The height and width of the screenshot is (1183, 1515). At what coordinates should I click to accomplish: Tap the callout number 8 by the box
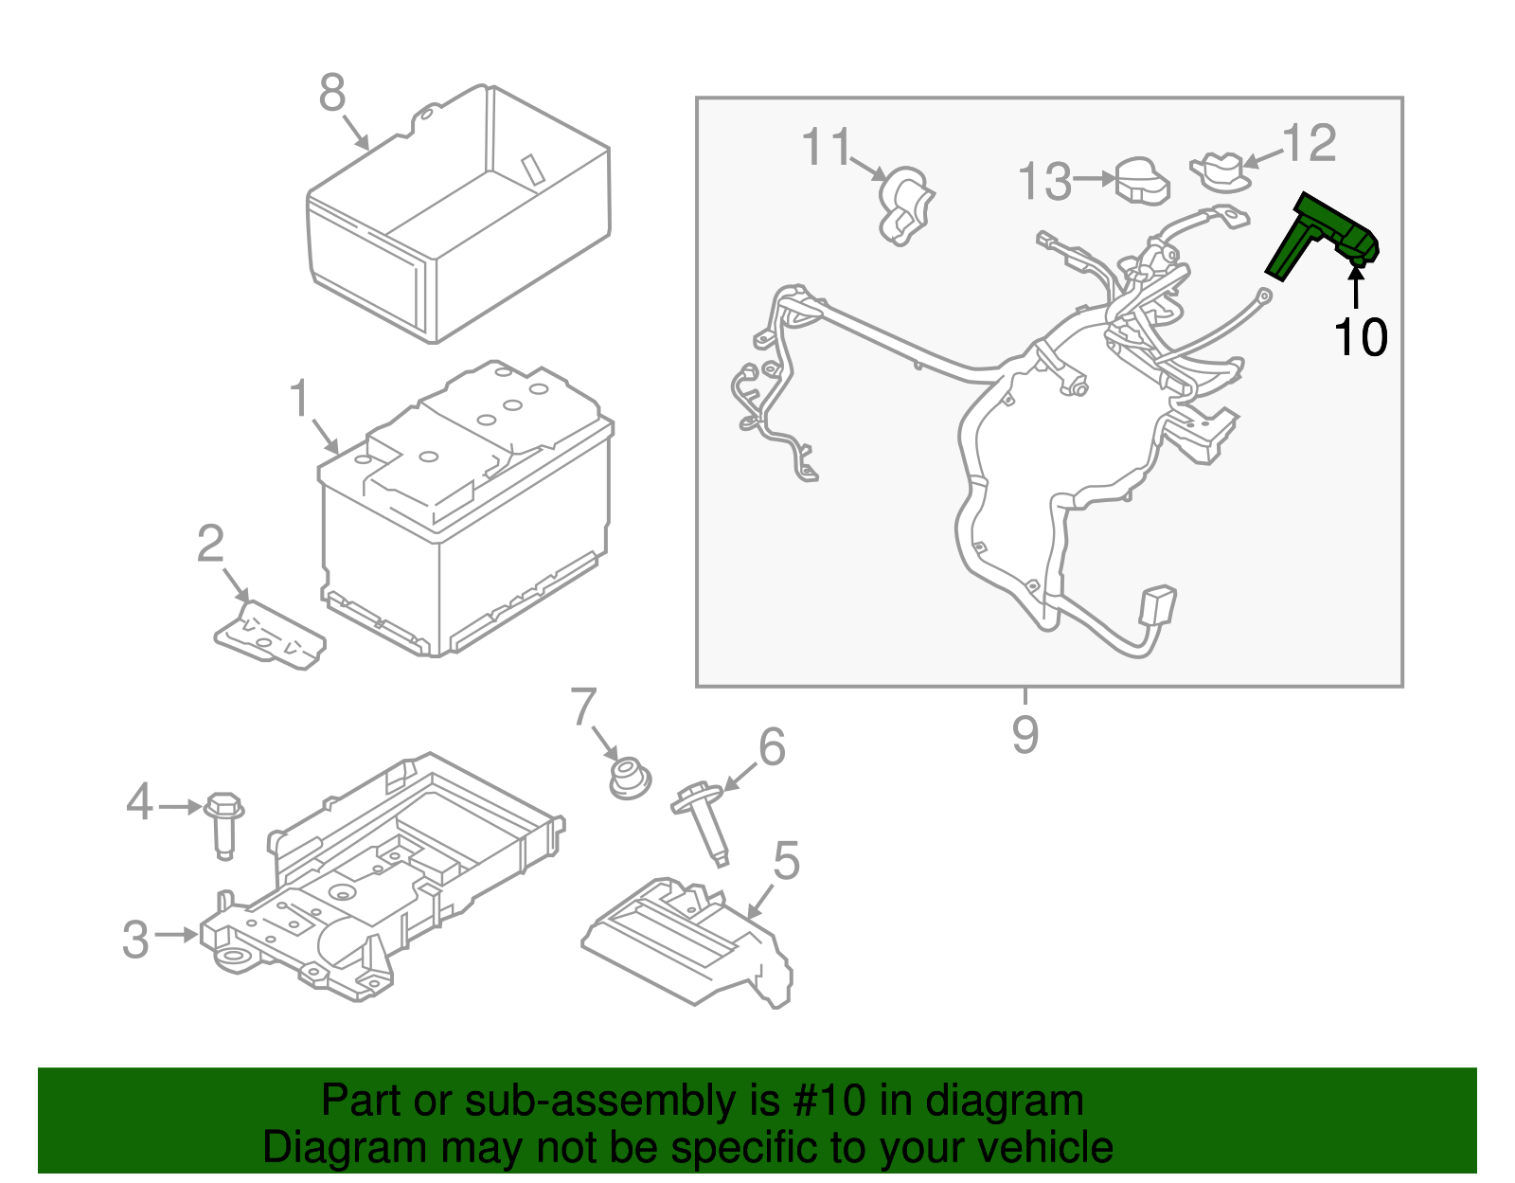[x=332, y=94]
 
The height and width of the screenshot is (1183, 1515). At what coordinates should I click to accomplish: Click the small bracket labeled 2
[x=270, y=635]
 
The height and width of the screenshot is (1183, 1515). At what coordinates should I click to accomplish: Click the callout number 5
[x=786, y=862]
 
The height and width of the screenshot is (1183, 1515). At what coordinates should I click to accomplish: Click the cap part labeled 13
[x=1143, y=180]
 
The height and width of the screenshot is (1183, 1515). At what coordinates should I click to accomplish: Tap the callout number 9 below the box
[x=1025, y=734]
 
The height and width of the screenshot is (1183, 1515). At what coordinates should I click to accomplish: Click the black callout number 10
[x=1361, y=337]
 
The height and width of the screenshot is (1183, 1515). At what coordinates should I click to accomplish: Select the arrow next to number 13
[x=1096, y=178]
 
